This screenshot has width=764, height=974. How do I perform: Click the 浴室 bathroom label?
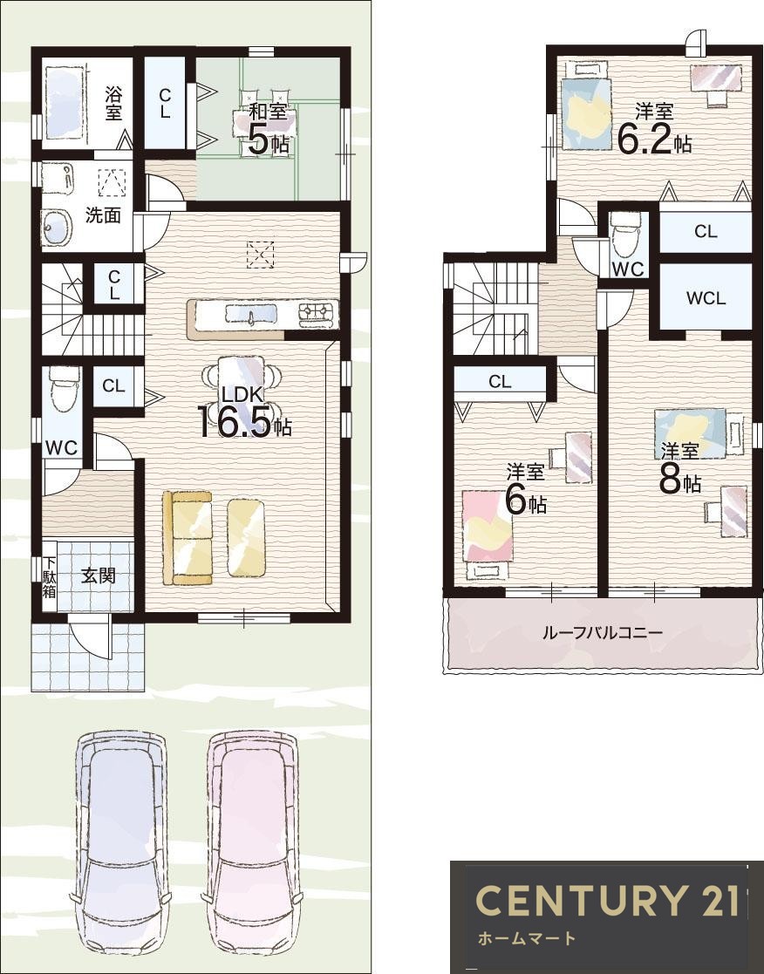113,103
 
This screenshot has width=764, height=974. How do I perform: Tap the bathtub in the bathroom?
64,103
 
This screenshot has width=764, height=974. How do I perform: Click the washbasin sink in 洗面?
56,227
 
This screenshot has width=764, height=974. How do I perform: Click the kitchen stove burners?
318,314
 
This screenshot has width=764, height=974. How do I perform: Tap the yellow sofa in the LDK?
188,538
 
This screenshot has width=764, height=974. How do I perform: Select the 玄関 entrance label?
99,576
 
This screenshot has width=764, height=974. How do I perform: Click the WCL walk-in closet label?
706,298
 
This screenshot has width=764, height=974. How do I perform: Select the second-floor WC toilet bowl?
624,235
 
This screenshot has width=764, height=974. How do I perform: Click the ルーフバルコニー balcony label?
603,633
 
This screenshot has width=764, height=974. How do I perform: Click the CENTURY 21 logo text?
608,900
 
